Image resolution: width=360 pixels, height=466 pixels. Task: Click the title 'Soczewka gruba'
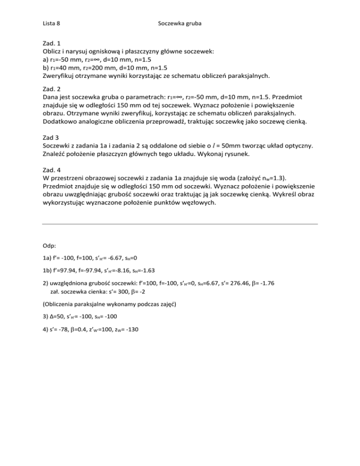click(x=180, y=22)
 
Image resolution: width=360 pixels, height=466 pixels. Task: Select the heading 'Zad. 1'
click(x=52, y=42)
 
